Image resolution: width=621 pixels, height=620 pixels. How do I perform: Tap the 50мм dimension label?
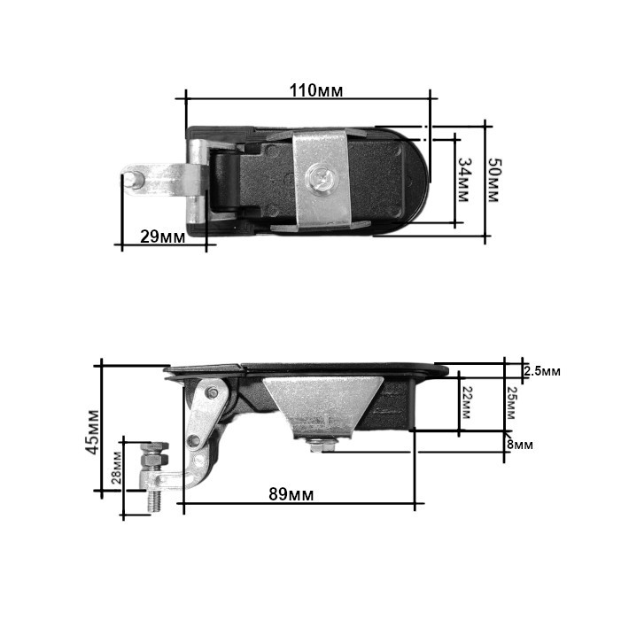click(493, 181)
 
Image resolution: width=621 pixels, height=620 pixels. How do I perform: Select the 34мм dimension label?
click(464, 179)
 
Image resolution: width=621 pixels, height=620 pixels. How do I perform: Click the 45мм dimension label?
click(92, 431)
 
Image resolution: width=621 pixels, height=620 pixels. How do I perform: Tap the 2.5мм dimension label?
click(541, 371)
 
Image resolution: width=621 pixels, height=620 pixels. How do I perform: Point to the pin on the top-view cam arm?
click(134, 177)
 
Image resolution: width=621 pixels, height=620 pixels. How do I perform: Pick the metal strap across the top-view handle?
click(321, 179)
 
